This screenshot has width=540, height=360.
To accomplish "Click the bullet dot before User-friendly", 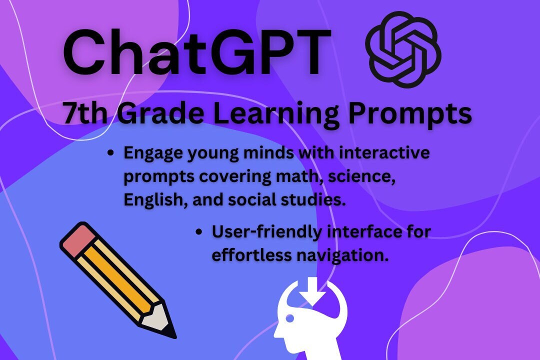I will pyautogui.click(x=199, y=232).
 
